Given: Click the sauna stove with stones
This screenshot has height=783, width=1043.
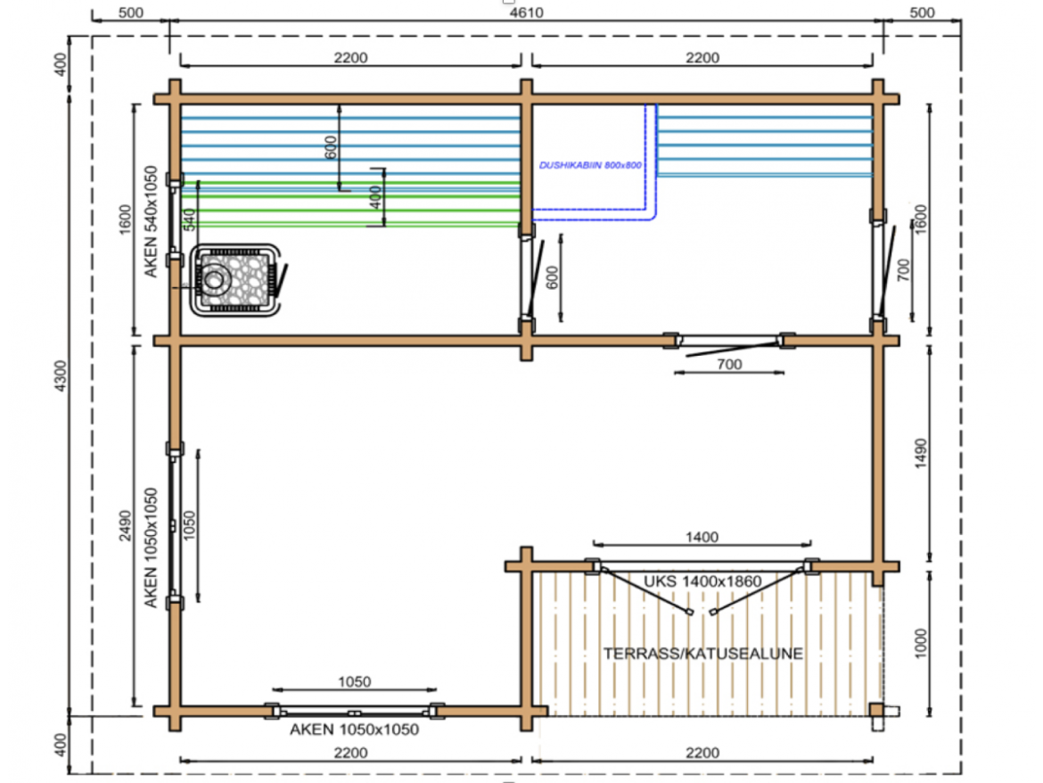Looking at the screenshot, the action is [234, 280].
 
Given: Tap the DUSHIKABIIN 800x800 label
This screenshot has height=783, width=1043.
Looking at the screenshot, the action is [590, 165].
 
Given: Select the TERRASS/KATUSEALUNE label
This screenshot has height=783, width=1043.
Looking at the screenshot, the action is [703, 654].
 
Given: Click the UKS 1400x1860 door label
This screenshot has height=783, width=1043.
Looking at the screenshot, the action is [702, 581].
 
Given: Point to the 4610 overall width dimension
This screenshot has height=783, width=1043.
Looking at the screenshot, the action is [526, 12].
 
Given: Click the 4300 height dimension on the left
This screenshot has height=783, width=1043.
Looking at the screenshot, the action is [61, 375].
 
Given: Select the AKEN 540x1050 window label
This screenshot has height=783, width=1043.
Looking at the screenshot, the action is [151, 221].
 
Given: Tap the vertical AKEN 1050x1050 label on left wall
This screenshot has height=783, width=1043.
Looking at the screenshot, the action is [151, 548].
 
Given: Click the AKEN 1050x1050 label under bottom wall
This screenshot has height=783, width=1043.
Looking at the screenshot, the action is [354, 729].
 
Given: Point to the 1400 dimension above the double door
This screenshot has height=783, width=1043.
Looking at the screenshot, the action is [702, 537].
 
